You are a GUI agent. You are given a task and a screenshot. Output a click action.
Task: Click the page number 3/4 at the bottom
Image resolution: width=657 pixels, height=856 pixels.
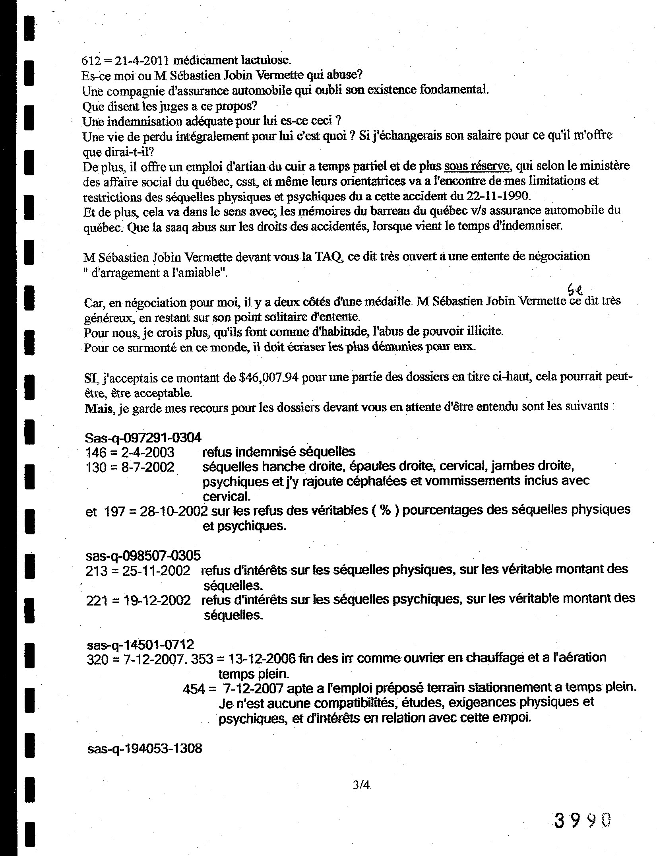pos(361,785)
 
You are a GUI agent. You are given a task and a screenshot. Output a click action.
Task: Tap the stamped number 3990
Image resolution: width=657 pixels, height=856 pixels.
pos(582,819)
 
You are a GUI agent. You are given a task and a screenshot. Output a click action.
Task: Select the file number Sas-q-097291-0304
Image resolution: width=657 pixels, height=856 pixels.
pos(143,437)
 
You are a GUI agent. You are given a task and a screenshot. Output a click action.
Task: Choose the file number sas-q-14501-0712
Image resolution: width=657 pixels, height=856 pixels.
pos(140,644)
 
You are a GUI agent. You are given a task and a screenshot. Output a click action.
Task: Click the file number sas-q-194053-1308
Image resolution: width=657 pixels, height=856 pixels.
pos(145,749)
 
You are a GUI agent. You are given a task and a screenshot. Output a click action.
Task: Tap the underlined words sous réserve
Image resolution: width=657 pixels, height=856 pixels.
pos(477,166)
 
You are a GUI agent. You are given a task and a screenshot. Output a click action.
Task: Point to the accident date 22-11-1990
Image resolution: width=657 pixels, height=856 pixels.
pos(497,196)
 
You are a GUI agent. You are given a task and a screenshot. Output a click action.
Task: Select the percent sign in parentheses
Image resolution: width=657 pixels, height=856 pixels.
pos(385,510)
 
